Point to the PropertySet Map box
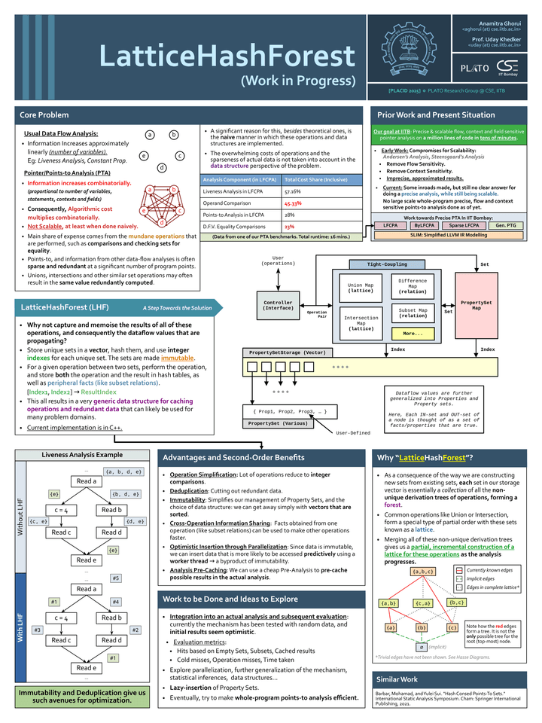coord(476,304)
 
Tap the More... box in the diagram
coord(413,333)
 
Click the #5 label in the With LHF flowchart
coord(115,578)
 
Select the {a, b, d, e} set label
coord(123,472)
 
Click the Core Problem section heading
coord(45,115)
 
